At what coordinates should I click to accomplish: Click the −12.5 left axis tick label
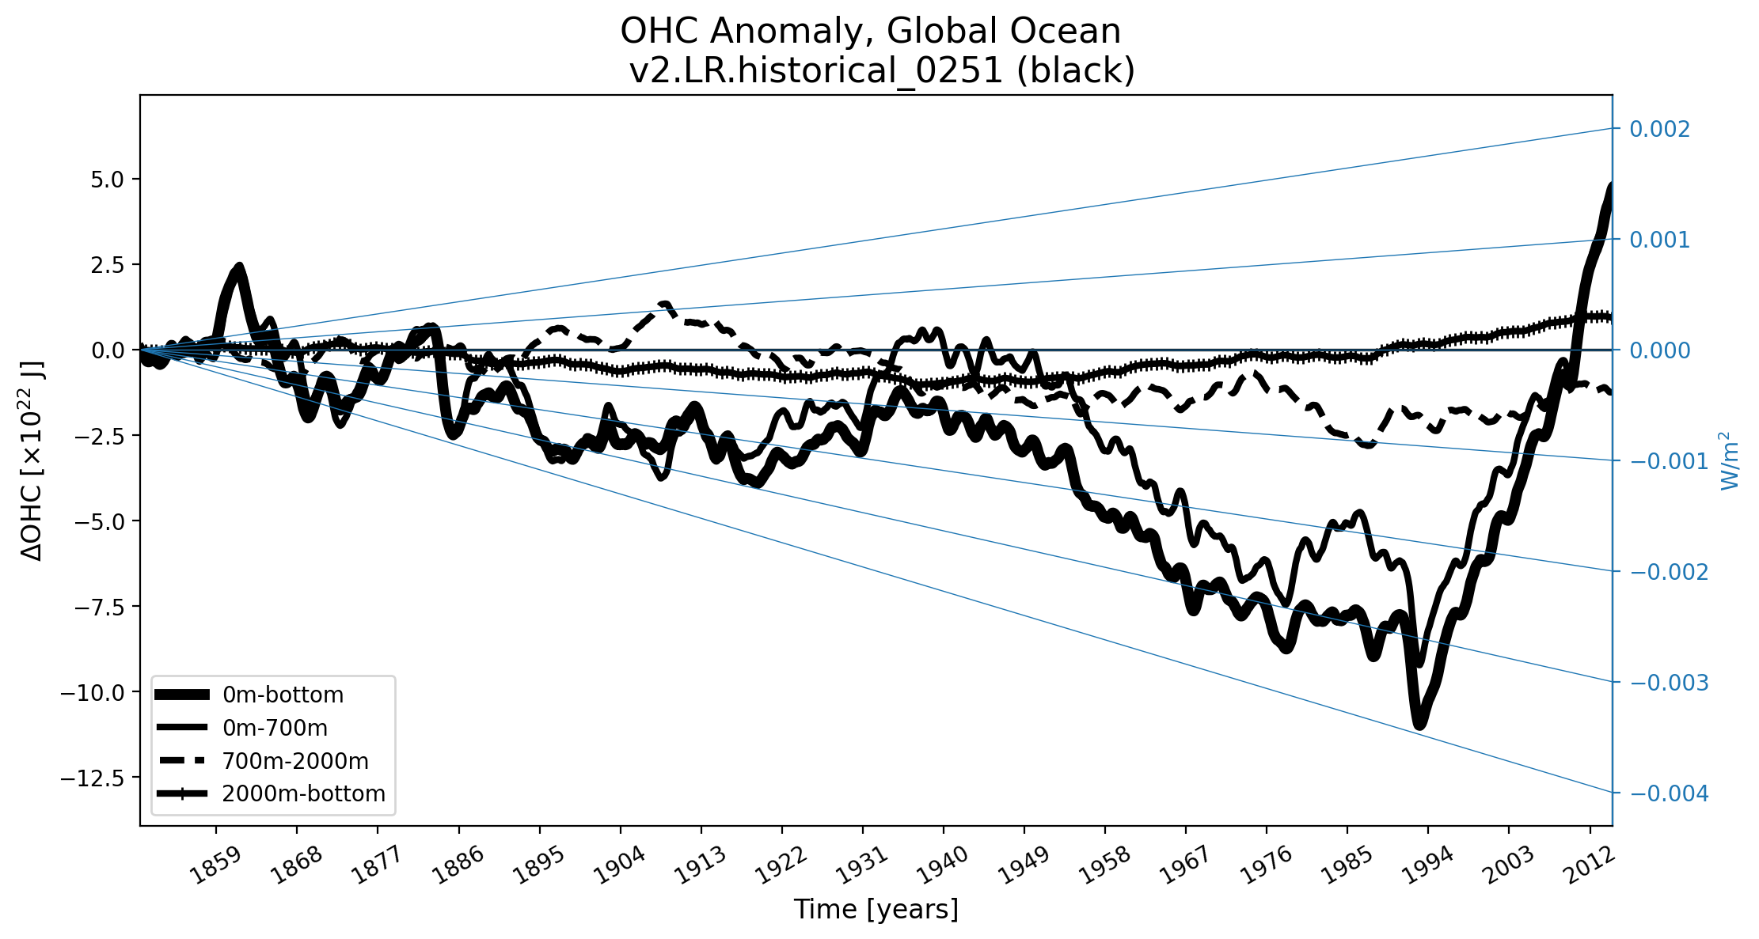(x=93, y=778)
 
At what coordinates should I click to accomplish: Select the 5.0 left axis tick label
(x=108, y=180)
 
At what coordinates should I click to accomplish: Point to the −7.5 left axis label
(x=97, y=607)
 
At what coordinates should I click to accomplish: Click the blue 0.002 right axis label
(x=1659, y=129)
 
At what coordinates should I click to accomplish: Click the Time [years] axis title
(x=876, y=910)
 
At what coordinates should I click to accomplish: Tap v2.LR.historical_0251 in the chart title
(x=815, y=71)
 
